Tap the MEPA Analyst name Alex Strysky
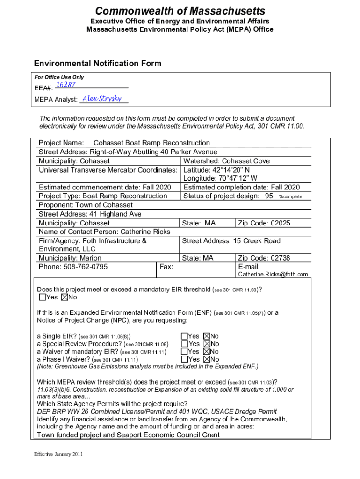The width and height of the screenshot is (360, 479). point(101,99)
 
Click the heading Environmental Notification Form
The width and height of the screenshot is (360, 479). point(97,64)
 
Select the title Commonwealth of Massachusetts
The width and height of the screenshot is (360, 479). point(180,11)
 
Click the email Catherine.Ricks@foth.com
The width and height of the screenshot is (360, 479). point(273,275)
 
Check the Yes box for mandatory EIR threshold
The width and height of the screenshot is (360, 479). point(43,298)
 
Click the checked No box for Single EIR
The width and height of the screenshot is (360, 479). point(207,336)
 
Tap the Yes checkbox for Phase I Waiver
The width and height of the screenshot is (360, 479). point(184,359)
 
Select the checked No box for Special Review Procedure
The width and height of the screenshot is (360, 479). point(207,344)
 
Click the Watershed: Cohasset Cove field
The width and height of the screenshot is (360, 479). point(226,161)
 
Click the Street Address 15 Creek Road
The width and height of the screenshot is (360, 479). point(231,241)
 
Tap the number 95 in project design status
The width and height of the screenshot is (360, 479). point(269,196)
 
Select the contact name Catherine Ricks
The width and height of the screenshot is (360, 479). point(145,232)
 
